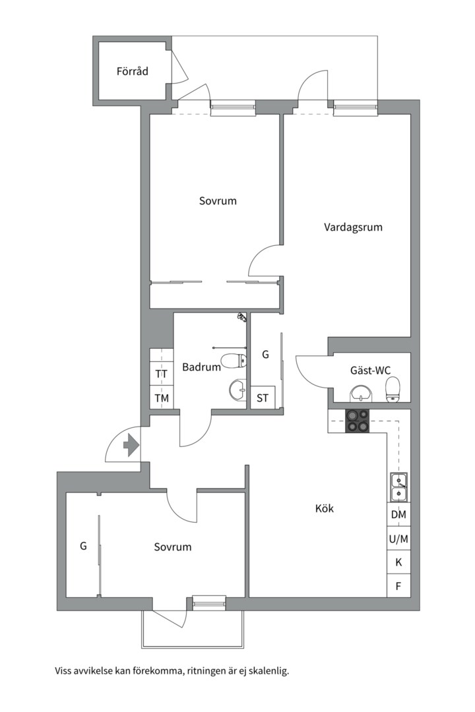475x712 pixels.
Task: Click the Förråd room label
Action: click(132, 71)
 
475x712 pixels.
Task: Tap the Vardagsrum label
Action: click(353, 227)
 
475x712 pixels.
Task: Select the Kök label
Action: click(325, 508)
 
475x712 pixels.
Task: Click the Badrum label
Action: click(201, 368)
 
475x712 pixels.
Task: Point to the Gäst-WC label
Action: click(370, 371)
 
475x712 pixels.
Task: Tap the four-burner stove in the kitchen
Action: click(358, 421)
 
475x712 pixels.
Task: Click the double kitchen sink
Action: click(398, 487)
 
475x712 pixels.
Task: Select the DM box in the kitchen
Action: click(398, 515)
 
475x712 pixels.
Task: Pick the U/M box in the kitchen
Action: click(398, 539)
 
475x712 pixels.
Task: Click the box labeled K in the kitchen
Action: click(398, 562)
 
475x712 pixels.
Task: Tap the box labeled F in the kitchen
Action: click(398, 585)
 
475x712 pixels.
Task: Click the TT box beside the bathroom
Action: click(161, 374)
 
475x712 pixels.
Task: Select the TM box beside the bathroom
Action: click(161, 398)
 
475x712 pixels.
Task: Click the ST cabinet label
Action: click(263, 398)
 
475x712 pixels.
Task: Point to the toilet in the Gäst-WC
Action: click(393, 389)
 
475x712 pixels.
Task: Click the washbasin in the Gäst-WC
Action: click(360, 394)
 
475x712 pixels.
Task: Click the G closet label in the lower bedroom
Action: click(83, 546)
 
